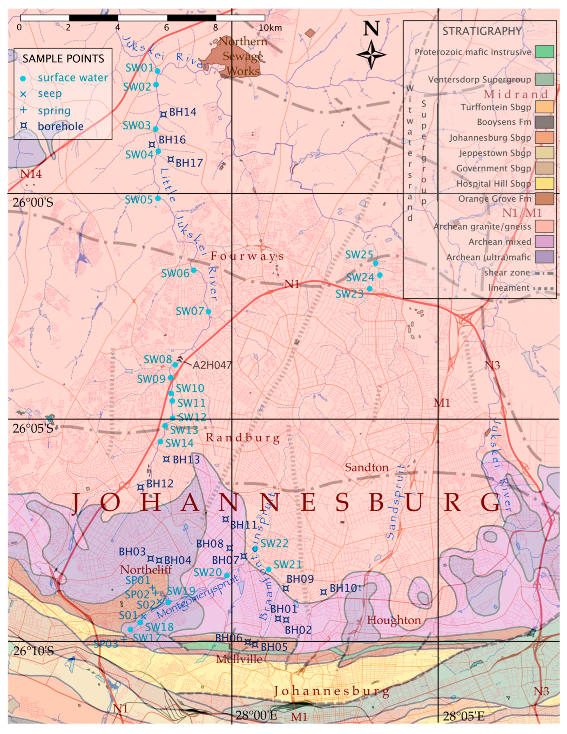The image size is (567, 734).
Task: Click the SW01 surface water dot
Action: click(x=157, y=71)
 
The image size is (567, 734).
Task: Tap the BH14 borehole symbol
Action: click(x=163, y=114)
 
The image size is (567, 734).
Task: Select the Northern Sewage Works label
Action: click(x=242, y=56)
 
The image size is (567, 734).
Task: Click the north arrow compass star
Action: click(x=371, y=55)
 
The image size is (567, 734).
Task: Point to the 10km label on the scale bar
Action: click(x=270, y=28)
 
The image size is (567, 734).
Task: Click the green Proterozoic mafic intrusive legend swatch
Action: click(x=544, y=52)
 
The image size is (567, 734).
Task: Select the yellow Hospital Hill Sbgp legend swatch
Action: click(x=544, y=183)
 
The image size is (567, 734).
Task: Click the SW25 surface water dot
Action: click(x=376, y=263)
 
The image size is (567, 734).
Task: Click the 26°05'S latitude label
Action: click(x=33, y=429)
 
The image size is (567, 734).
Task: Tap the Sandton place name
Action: click(x=367, y=468)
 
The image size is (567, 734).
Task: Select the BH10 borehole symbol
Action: click(x=323, y=592)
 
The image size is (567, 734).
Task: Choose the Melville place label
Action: click(x=239, y=659)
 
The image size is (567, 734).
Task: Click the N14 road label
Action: click(x=31, y=174)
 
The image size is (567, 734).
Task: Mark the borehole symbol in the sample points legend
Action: click(x=24, y=126)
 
